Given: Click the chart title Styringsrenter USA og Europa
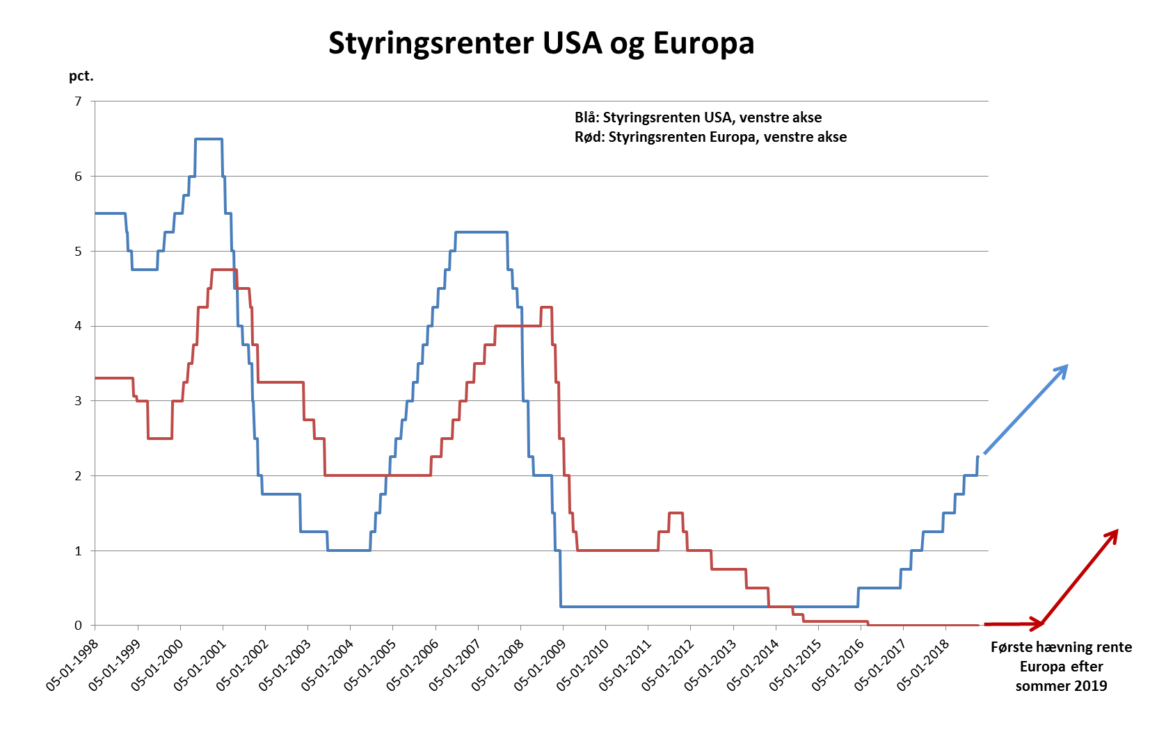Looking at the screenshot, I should coord(541,43).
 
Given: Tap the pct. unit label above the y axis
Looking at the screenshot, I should coord(81,76).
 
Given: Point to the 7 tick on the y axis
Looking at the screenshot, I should coord(79,101).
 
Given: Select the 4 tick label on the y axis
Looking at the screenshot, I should coord(79,326).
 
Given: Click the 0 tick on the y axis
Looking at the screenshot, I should coord(79,626).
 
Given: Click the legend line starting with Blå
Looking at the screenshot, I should coord(698,117).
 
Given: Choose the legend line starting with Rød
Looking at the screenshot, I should coord(710,137).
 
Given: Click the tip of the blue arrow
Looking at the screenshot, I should coord(1067,366).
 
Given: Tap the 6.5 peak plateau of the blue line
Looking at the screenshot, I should coord(209,139).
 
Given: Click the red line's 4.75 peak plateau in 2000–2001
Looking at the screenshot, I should coord(224,270).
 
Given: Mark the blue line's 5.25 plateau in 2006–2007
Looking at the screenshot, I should coord(481,232).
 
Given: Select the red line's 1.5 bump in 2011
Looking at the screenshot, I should coord(676,513).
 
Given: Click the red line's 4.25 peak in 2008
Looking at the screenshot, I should coord(546,307).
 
